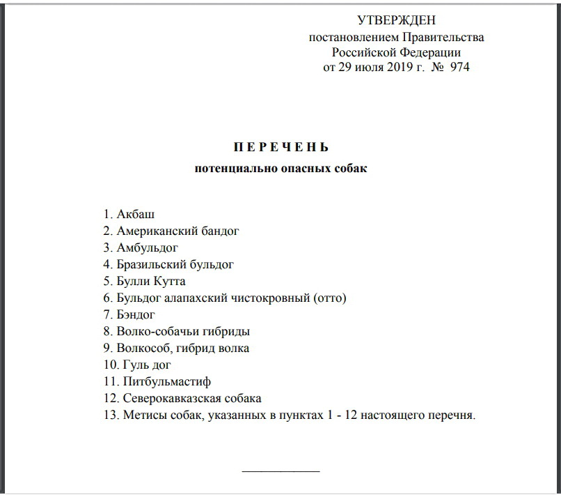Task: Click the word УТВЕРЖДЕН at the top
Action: (396, 21)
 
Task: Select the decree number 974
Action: (460, 68)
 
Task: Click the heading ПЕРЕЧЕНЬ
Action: (280, 148)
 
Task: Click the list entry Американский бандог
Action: (175, 231)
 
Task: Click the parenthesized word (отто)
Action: (330, 298)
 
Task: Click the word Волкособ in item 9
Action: (142, 348)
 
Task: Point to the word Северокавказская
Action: (169, 398)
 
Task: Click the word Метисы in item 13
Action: (143, 415)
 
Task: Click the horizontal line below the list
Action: (280, 472)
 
